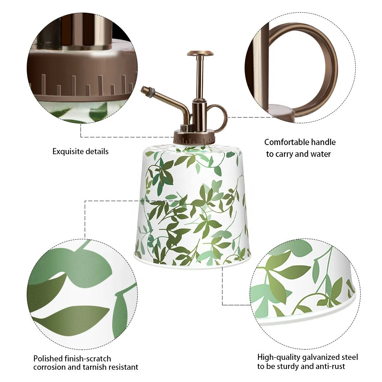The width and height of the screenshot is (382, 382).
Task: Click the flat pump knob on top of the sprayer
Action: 200,53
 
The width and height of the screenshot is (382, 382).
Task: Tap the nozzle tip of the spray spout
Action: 143,90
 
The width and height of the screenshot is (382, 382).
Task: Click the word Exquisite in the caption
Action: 68,151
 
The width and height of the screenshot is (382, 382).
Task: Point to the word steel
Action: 350,358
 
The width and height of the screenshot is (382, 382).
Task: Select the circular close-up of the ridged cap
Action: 82,68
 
